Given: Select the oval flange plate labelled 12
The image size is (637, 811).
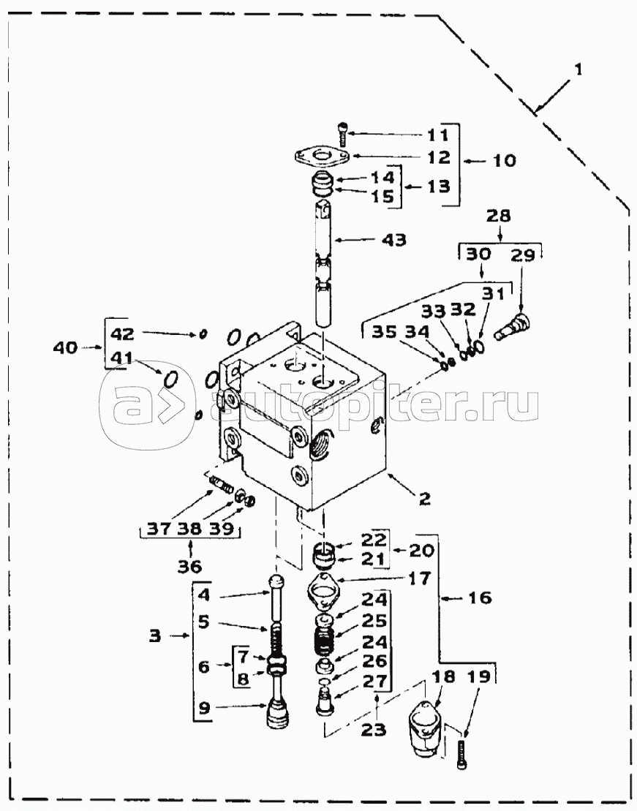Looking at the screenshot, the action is pyautogui.click(x=321, y=156).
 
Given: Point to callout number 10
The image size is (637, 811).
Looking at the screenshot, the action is pyautogui.click(x=504, y=160).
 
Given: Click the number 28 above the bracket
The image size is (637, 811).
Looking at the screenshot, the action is pyautogui.click(x=497, y=215).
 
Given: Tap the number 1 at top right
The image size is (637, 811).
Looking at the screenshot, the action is pyautogui.click(x=578, y=69).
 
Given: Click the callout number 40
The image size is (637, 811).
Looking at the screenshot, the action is pyautogui.click(x=65, y=347).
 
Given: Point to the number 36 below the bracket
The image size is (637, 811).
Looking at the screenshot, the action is pyautogui.click(x=189, y=566).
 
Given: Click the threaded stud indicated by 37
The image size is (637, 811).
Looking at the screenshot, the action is pyautogui.click(x=220, y=485).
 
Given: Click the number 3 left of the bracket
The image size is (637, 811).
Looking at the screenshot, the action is pyautogui.click(x=155, y=635).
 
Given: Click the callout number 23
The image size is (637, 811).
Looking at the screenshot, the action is pyautogui.click(x=374, y=730).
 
